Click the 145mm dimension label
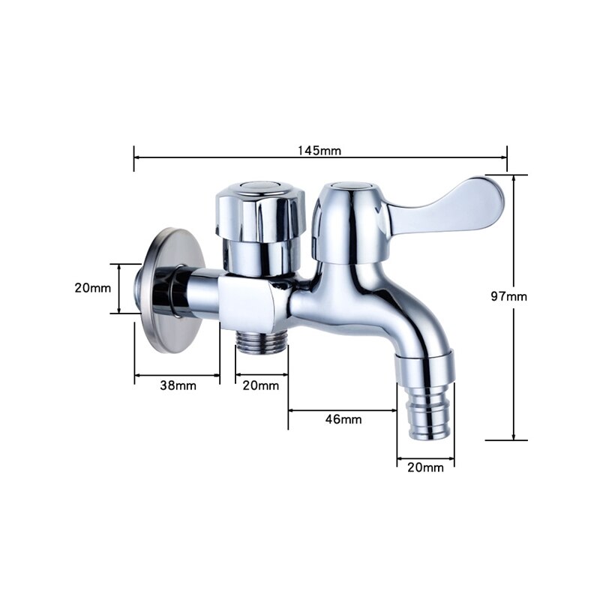(x=319, y=150)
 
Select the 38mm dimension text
(x=178, y=385)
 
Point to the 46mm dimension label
(x=343, y=419)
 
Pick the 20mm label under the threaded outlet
(x=260, y=385)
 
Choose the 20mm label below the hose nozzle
(x=424, y=467)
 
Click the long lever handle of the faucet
(x=450, y=206)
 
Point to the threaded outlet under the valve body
(x=261, y=345)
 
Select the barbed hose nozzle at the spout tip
(x=424, y=409)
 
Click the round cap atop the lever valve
(x=350, y=184)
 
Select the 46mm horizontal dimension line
(x=343, y=409)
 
